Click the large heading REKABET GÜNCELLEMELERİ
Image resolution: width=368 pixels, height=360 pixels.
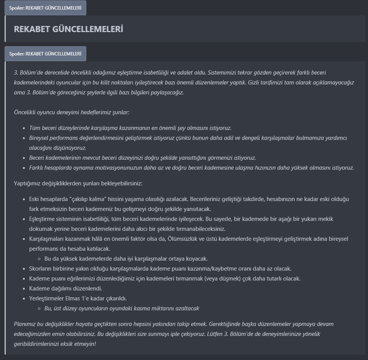click(68, 29)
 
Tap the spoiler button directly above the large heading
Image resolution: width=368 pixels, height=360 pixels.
click(45, 8)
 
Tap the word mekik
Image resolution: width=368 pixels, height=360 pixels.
click(339, 219)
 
